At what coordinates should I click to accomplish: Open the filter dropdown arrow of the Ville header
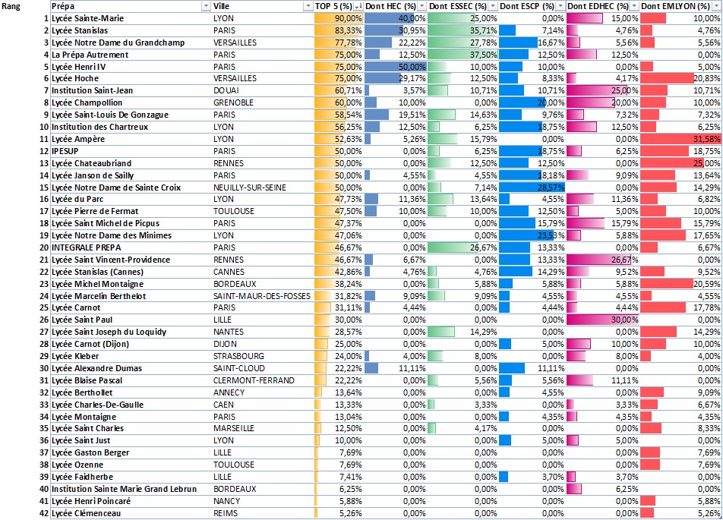point(308,6)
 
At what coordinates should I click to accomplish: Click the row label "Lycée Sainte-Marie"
point(87,18)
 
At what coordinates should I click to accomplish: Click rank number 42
point(43,512)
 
